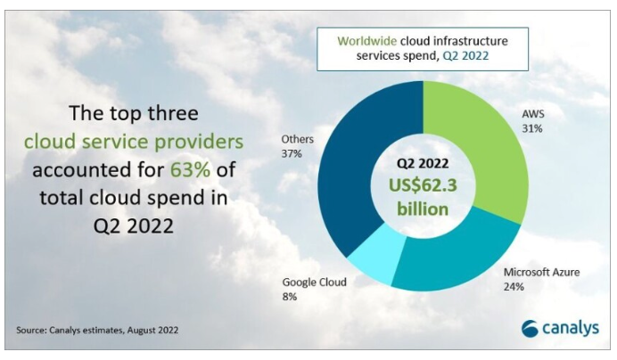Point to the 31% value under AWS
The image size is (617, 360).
[531, 128]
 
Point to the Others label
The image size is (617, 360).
[296, 139]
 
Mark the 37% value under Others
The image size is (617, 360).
[292, 153]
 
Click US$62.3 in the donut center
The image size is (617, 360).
[424, 184]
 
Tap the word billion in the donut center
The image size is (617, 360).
[423, 209]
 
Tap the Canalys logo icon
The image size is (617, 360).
[531, 328]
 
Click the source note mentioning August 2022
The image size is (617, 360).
[97, 331]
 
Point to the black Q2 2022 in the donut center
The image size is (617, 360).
[422, 163]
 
